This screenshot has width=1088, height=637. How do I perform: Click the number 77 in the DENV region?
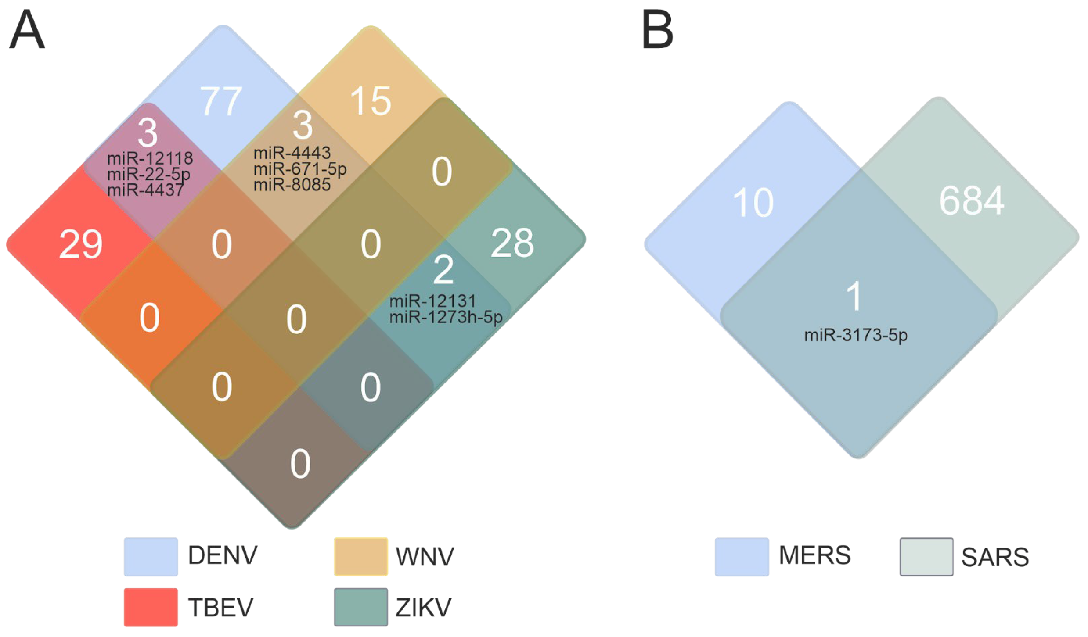(x=221, y=101)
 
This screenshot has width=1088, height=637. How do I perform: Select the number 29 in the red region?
(x=81, y=244)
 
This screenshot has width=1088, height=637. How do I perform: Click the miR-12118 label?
(x=150, y=158)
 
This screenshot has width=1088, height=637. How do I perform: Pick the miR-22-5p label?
(x=148, y=174)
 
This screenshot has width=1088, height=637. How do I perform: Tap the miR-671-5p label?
(x=300, y=169)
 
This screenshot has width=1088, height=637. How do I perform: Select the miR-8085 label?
(x=292, y=185)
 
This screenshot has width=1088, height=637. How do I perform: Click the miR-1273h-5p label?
(x=446, y=317)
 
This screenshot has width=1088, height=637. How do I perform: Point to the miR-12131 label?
(x=432, y=301)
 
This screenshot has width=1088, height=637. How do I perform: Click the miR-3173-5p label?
(x=856, y=336)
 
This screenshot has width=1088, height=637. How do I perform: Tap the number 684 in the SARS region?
(x=971, y=201)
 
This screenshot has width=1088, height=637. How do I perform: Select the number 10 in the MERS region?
(x=753, y=203)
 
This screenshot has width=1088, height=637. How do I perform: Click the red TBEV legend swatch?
(x=151, y=607)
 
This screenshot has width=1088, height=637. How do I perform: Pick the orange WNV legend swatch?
(x=360, y=556)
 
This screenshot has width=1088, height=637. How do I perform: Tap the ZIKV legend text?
(x=423, y=608)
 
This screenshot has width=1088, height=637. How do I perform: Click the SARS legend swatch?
(x=926, y=557)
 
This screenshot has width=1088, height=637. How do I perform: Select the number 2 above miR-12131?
(x=443, y=270)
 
